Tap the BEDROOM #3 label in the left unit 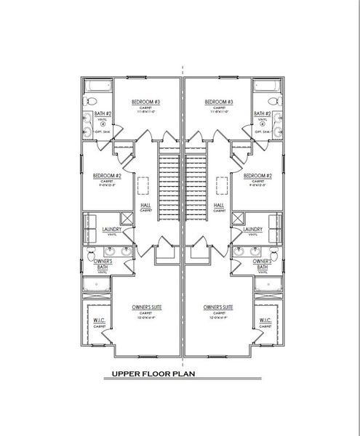145,102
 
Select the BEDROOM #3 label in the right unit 218,102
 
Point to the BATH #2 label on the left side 103,114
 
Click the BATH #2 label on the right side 262,114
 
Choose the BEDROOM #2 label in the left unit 106,176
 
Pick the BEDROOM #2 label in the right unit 257,176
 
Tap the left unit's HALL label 145,206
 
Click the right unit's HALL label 218,206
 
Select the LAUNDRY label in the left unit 111,229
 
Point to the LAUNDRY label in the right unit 252,229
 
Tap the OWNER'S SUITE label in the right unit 218,308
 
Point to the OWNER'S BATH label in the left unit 103,264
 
